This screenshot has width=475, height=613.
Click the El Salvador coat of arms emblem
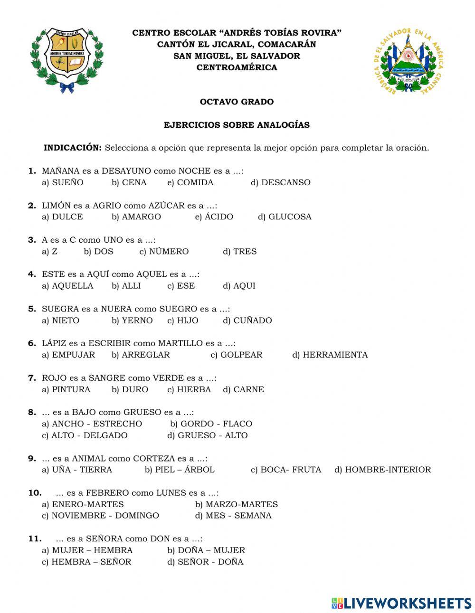408,61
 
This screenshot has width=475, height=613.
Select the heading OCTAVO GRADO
237,102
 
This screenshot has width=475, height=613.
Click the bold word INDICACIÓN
73,148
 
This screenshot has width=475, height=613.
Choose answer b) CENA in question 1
129,182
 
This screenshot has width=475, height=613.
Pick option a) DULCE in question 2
62,217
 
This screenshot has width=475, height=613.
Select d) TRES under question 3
240,252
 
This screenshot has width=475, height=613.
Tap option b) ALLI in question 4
126,286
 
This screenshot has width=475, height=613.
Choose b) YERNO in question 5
132,321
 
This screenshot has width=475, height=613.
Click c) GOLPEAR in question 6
236,355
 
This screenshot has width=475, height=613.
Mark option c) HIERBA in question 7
189,389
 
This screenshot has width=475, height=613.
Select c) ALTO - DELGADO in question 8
85,435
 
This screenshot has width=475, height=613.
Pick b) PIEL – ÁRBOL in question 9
180,470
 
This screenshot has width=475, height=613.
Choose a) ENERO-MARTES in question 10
83,504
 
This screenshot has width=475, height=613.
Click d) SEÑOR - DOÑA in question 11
205,562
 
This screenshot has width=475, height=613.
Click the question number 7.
32,378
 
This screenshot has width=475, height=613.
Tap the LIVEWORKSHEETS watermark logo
401,603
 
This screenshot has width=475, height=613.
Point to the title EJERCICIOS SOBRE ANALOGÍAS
237,125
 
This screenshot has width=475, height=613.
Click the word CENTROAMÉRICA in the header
237,67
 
